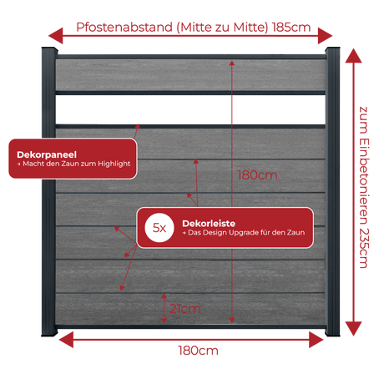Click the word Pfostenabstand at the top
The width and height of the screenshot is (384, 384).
point(124,28)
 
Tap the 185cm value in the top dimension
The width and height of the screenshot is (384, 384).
point(291,28)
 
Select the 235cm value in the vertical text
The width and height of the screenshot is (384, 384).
point(363,248)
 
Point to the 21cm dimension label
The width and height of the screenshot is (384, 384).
point(185,309)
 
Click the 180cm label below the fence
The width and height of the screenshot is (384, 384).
point(198,351)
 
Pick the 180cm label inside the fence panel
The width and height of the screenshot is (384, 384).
point(257,175)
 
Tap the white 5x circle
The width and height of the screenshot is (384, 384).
point(159,228)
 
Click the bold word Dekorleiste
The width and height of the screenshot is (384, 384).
point(209,224)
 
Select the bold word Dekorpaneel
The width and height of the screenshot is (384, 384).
point(47,154)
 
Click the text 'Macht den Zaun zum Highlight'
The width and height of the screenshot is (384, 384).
point(77,164)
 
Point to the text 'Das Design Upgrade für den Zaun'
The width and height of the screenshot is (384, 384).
point(246,232)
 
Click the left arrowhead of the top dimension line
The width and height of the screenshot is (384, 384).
point(56,36)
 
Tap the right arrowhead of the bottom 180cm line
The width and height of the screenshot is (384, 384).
point(316,340)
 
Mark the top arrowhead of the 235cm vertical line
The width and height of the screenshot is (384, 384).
point(353,56)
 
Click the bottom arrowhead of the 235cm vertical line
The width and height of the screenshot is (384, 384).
point(353,329)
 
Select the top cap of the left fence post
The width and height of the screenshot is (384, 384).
point(49,50)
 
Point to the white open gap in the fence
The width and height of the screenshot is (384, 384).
point(190,110)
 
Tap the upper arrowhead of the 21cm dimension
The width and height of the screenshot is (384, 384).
point(164,296)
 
